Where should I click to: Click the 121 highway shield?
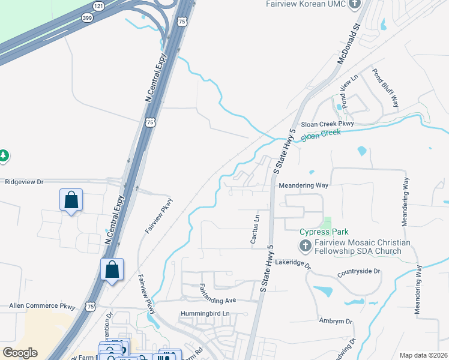coord(98,6)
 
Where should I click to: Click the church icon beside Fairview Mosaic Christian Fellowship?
coord(305,245)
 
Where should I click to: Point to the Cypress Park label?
coord(324,232)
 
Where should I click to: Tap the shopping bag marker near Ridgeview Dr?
coord(71,200)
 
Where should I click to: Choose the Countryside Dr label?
coord(359,271)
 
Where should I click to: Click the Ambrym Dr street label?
coord(336,321)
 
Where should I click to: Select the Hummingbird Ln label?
coord(205,314)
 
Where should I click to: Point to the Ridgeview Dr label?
coord(25,181)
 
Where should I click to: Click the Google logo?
coord(20,353)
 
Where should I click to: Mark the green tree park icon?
coord(4,156)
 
